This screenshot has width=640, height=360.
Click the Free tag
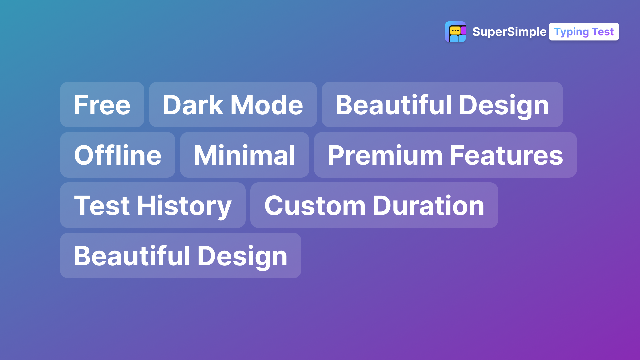click(102, 105)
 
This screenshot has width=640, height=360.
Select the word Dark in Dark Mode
click(193, 105)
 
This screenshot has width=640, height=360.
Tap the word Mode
click(267, 105)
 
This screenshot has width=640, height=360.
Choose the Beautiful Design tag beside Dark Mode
click(442, 105)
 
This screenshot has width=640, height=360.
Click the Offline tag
click(118, 155)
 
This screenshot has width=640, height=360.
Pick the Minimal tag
click(245, 155)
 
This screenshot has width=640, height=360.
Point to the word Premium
click(385, 155)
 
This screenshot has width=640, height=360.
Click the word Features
click(507, 155)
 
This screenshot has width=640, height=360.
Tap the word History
click(184, 206)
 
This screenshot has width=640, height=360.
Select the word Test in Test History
click(102, 206)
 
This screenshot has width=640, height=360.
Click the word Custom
click(315, 206)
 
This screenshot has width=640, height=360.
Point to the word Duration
click(429, 206)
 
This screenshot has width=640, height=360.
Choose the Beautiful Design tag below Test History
click(181, 256)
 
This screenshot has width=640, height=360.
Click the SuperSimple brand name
click(509, 32)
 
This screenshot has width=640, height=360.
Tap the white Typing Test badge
click(584, 32)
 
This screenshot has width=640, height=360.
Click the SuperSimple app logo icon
click(455, 32)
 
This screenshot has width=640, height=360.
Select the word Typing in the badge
click(571, 32)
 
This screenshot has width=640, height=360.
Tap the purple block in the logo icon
click(464, 31)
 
